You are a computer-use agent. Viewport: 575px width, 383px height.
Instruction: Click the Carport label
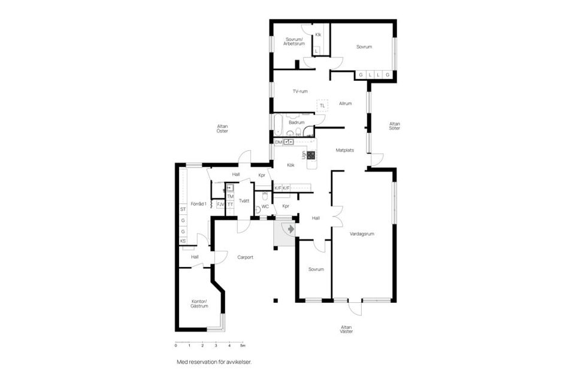[x=245, y=257]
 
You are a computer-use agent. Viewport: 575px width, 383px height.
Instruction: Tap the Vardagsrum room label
[x=362, y=234]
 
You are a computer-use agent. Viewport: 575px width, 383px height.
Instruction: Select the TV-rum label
[x=299, y=92]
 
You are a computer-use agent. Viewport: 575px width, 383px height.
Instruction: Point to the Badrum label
[x=296, y=123]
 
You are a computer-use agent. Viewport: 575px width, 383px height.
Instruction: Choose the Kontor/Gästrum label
[x=199, y=303]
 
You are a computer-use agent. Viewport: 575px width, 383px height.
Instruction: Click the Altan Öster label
[x=223, y=128]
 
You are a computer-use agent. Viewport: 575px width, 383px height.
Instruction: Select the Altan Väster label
[x=346, y=329]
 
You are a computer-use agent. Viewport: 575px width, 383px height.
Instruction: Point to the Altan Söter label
[x=394, y=126]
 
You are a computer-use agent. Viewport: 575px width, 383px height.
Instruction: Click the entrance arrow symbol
[x=290, y=229]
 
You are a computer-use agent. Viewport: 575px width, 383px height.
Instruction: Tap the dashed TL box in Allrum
[x=322, y=105]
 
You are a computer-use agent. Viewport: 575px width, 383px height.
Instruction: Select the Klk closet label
[x=318, y=35]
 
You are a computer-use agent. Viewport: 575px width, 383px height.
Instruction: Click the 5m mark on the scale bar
[x=242, y=346]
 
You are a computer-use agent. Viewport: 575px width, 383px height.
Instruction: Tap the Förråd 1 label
[x=198, y=204]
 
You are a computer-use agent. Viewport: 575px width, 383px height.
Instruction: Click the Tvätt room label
[x=244, y=200]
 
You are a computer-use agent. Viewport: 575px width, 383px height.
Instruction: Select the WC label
[x=265, y=207]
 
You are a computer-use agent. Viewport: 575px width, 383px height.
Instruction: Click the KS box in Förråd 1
[x=183, y=241]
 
